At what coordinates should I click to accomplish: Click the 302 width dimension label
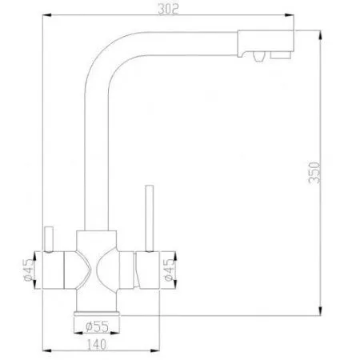click(x=168, y=9)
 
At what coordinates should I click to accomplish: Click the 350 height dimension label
click(x=314, y=173)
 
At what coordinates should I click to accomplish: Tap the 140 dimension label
click(x=97, y=344)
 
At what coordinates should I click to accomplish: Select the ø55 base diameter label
click(x=97, y=326)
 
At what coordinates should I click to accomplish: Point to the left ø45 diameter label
click(x=30, y=270)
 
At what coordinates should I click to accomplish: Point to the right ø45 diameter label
click(x=170, y=270)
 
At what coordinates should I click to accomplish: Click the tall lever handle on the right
click(x=150, y=218)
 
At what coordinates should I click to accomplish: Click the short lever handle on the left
click(x=49, y=239)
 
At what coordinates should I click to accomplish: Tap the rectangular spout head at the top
click(x=266, y=43)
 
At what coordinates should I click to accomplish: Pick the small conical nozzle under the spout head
click(x=258, y=57)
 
